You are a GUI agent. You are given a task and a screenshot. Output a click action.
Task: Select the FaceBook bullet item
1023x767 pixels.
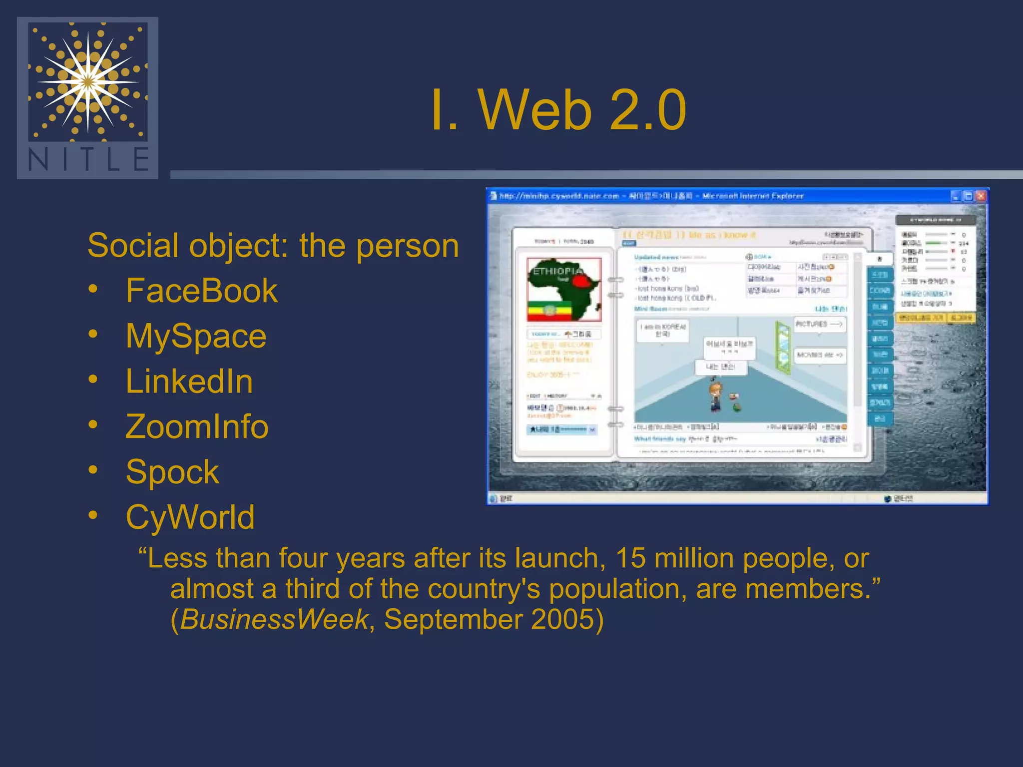tap(201, 291)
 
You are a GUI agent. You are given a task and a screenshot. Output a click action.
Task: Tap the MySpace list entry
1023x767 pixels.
tap(196, 336)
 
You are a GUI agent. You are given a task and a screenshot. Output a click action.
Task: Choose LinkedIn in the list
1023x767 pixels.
tap(189, 382)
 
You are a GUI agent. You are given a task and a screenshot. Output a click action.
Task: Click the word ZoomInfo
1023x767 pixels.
tap(197, 427)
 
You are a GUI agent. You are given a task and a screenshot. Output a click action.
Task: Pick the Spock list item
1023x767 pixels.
tap(172, 472)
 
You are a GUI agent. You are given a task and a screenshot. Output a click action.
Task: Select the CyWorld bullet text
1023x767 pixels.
tap(190, 517)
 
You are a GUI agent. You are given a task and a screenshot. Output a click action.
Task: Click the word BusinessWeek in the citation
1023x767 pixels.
tap(274, 620)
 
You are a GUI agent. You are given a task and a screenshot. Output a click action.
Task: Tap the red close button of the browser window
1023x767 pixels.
tap(981, 196)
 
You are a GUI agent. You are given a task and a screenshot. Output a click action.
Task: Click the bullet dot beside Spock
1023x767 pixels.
tap(93, 469)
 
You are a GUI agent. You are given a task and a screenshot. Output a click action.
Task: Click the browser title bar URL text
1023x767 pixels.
tap(559, 196)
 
